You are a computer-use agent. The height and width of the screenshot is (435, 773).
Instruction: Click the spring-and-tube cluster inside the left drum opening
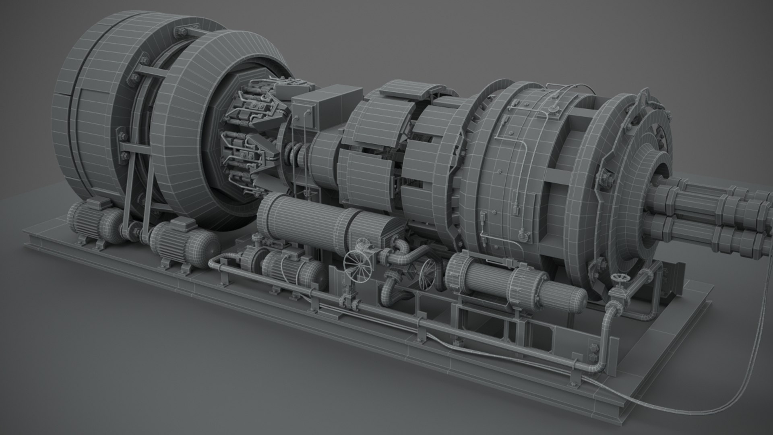pyautogui.click(x=250, y=133)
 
